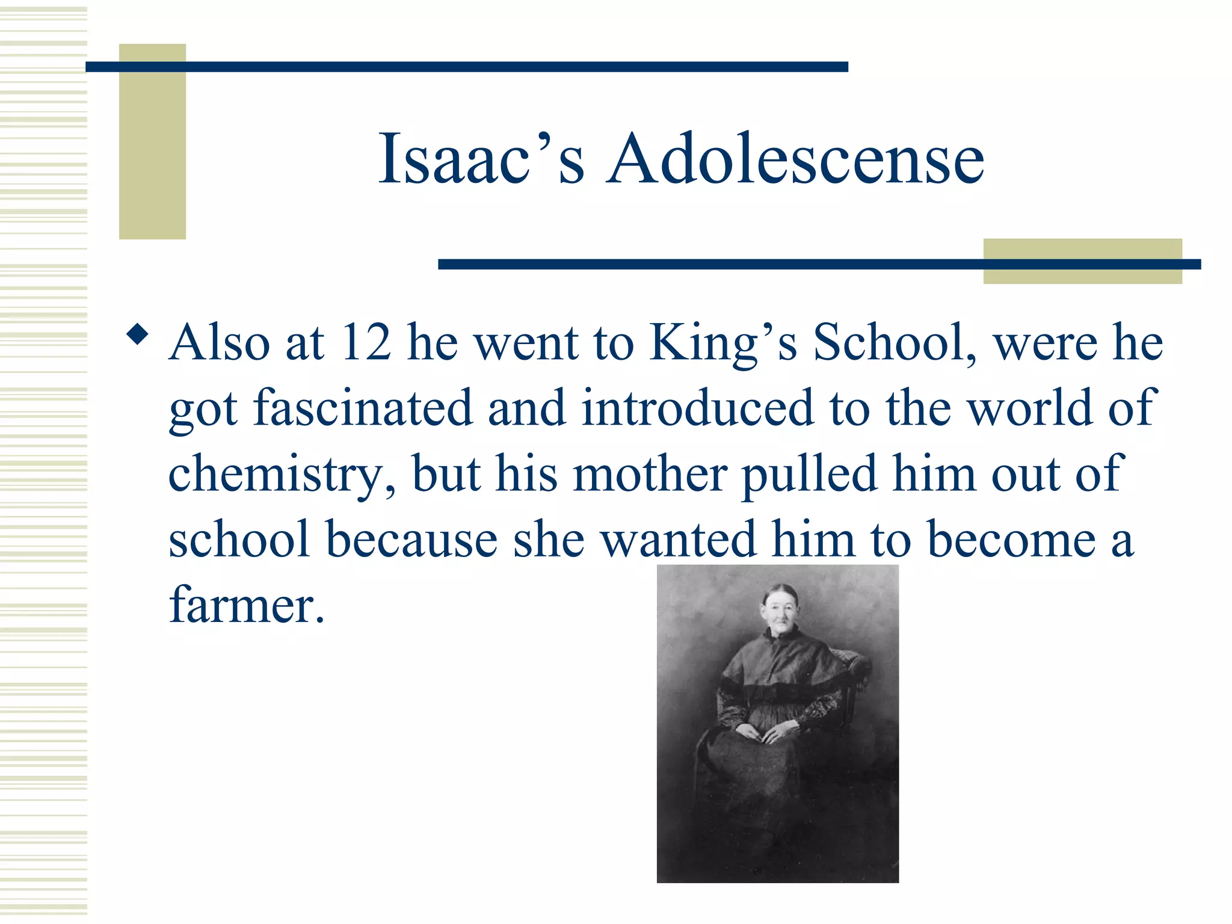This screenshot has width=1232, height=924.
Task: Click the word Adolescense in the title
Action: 795,159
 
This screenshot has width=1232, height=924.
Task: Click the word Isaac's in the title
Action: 481,159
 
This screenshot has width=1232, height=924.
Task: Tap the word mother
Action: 650,474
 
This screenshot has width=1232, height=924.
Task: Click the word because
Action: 411,540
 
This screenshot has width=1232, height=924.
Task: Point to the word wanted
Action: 679,540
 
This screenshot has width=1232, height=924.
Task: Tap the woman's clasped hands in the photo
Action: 763,733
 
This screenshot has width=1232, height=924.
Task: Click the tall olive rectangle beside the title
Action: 152,141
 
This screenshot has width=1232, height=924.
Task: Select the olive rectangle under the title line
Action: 1082,261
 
